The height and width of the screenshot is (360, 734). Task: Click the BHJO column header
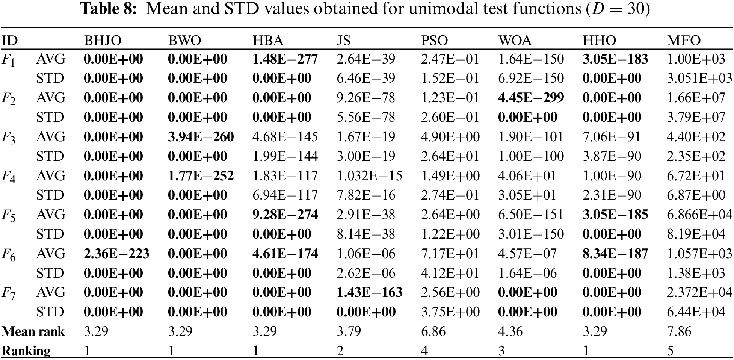pyautogui.click(x=103, y=41)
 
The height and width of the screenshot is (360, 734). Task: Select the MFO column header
pyautogui.click(x=684, y=41)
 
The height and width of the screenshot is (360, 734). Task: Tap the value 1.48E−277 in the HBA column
pyautogui.click(x=285, y=59)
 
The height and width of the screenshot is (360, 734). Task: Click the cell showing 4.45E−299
pyautogui.click(x=531, y=98)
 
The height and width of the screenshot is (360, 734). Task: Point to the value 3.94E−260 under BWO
pyautogui.click(x=201, y=137)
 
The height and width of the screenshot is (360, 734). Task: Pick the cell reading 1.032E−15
pyautogui.click(x=369, y=176)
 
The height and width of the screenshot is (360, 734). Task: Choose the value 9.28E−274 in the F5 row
pyautogui.click(x=285, y=215)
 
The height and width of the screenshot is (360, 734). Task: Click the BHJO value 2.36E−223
pyautogui.click(x=116, y=254)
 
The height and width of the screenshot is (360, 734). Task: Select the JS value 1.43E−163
pyautogui.click(x=369, y=292)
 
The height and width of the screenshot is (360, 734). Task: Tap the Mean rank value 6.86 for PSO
pyautogui.click(x=433, y=331)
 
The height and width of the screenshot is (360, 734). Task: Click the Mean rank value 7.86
pyautogui.click(x=679, y=331)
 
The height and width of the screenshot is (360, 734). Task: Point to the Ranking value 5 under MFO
pyautogui.click(x=671, y=351)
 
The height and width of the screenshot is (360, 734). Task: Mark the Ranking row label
pyautogui.click(x=26, y=351)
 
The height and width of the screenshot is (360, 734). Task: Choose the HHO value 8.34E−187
pyautogui.click(x=615, y=254)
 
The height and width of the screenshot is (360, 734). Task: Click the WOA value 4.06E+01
pyautogui.click(x=527, y=176)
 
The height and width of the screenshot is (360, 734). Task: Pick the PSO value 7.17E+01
pyautogui.click(x=450, y=254)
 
